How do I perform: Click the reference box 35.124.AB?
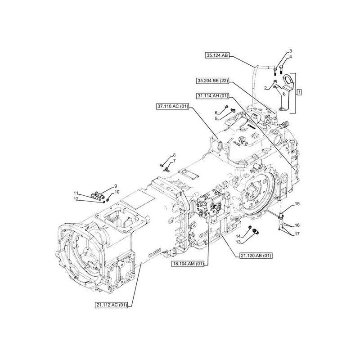(217, 55)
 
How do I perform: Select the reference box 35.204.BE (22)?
(213, 81)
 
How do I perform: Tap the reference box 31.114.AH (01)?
(213, 96)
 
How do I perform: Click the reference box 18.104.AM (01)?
(188, 263)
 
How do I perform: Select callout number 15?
(297, 205)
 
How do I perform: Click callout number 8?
(174, 156)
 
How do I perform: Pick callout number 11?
(76, 193)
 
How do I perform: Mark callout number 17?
(297, 234)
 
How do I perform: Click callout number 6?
(216, 112)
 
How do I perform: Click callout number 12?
(76, 199)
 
